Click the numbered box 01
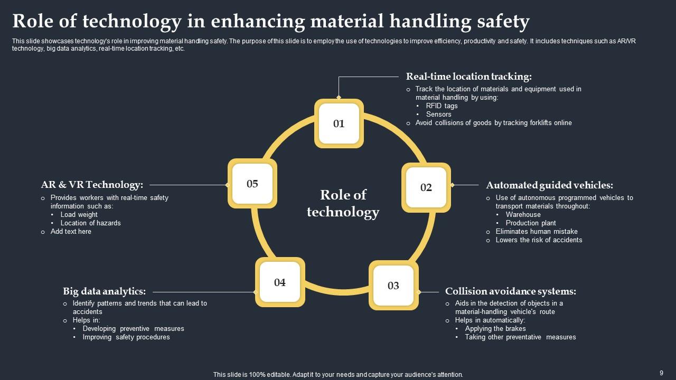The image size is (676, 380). click(339, 123)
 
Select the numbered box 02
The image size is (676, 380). click(426, 187)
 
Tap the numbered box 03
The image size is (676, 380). click(393, 286)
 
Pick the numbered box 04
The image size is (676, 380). click(280, 282)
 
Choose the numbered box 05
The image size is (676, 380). click(252, 184)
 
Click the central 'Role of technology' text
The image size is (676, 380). click(343, 203)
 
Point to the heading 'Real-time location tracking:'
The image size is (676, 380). click(468, 77)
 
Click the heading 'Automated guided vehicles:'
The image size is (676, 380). click(549, 185)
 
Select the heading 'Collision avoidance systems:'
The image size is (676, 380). click(510, 291)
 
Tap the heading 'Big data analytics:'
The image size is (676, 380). click(104, 291)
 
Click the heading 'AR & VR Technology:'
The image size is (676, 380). click(92, 185)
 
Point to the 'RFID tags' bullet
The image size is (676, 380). click(442, 106)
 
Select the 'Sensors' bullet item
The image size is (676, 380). click(438, 114)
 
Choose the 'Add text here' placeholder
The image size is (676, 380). click(71, 231)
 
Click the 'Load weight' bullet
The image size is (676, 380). click(79, 214)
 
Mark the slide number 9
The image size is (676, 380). click(661, 373)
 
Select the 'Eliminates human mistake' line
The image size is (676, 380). click(536, 231)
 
